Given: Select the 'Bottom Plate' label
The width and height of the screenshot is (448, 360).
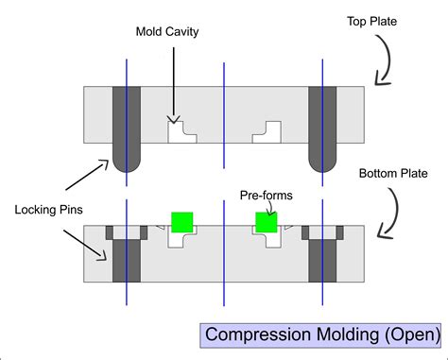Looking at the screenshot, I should [x=390, y=174].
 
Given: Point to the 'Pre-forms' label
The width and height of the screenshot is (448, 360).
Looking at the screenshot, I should [x=266, y=196].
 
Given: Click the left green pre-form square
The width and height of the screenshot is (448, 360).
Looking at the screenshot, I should [x=181, y=222].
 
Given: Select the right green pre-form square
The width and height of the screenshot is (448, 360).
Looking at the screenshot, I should [x=266, y=222].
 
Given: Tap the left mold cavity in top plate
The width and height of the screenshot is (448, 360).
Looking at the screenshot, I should [x=181, y=131].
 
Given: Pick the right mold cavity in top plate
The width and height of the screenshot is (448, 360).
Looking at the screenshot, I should [x=267, y=131].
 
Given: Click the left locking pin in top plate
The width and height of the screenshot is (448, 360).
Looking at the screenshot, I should [x=127, y=128].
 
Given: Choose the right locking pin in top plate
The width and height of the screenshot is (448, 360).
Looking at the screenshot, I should [x=322, y=128].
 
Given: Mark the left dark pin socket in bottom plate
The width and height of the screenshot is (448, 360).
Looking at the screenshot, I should [x=127, y=256].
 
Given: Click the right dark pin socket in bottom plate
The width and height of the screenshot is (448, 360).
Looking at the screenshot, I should [x=322, y=256].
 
